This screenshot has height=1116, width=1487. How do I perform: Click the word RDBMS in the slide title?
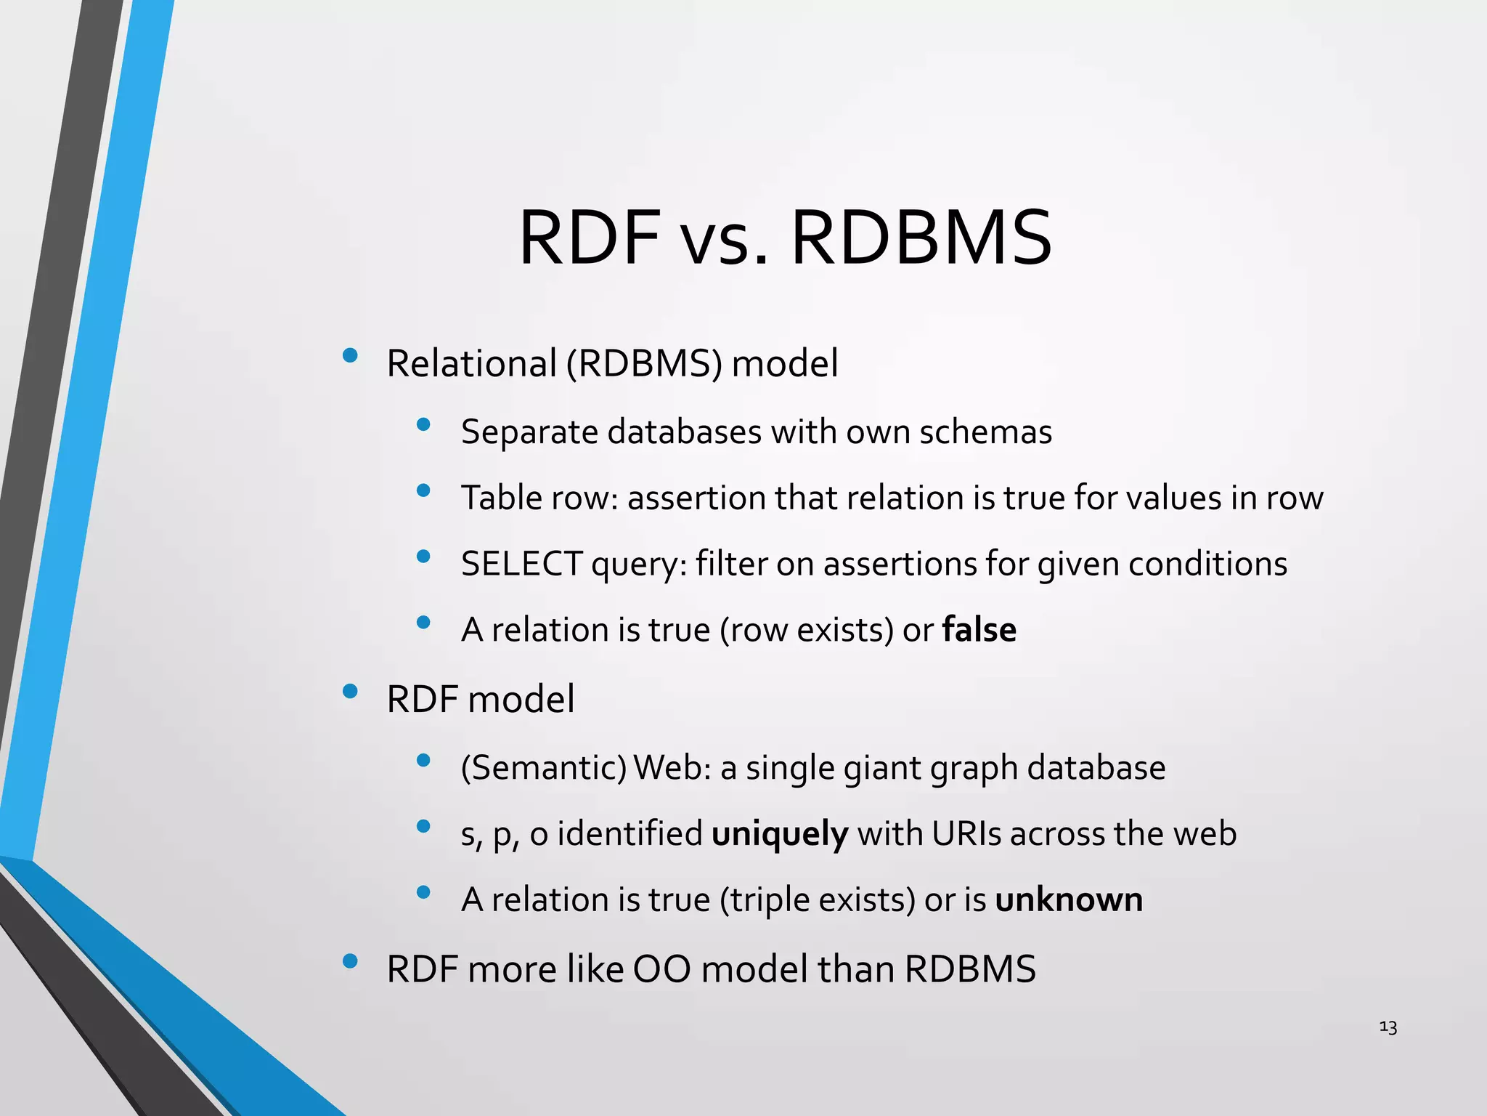pyautogui.click(x=921, y=238)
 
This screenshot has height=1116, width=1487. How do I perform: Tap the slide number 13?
pyautogui.click(x=1388, y=1027)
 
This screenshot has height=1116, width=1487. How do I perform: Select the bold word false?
pyautogui.click(x=979, y=629)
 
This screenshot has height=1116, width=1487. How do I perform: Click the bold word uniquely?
pyautogui.click(x=779, y=833)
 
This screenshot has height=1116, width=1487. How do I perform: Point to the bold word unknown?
pyautogui.click(x=1068, y=899)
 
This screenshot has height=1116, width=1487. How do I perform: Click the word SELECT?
pyautogui.click(x=521, y=564)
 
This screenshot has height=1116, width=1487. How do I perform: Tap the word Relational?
pyautogui.click(x=470, y=363)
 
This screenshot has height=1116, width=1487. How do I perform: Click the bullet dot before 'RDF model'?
pyautogui.click(x=350, y=691)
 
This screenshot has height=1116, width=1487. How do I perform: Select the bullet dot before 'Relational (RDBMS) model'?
pyautogui.click(x=350, y=355)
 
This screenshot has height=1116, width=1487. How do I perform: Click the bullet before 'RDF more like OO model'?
pyautogui.click(x=350, y=961)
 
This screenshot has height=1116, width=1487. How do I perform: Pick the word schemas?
pyautogui.click(x=985, y=432)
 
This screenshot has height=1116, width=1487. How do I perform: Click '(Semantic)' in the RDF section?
pyautogui.click(x=543, y=768)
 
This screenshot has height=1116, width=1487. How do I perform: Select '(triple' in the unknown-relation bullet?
pyautogui.click(x=764, y=900)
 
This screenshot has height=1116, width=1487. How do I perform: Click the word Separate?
pyautogui.click(x=529, y=432)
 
